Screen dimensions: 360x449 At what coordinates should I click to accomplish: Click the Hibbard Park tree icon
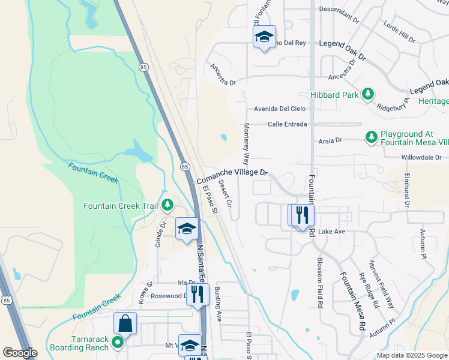[x=368, y=94]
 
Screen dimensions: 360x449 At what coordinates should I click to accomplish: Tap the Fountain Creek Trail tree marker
[x=167, y=206]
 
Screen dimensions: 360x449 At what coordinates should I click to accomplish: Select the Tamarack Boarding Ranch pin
[x=118, y=343]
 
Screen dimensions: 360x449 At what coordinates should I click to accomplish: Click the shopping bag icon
[x=125, y=324]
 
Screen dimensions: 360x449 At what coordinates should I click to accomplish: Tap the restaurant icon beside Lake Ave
[x=302, y=215]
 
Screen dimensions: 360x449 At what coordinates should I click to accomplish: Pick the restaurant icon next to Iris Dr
[x=196, y=294]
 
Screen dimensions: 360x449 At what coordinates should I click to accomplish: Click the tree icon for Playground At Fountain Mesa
[x=372, y=137]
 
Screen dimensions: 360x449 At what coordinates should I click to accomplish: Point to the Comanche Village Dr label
[x=232, y=176]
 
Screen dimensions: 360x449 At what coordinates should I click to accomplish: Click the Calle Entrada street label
[x=288, y=124]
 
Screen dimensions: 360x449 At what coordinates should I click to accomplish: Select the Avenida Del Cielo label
[x=280, y=109]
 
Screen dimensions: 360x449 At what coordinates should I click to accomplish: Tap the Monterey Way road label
[x=246, y=144]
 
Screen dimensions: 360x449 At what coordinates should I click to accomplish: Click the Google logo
[x=19, y=353]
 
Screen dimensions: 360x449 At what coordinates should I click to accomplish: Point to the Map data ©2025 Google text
[x=411, y=355]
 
